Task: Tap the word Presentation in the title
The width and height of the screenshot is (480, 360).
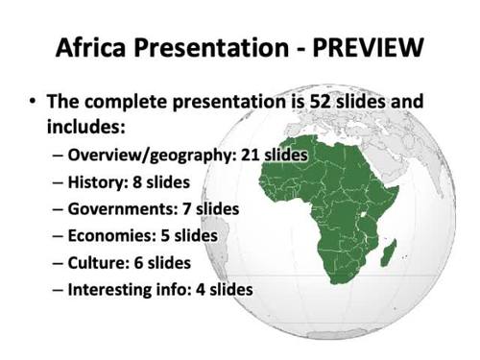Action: click(x=214, y=45)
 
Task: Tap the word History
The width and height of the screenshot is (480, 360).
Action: click(x=95, y=180)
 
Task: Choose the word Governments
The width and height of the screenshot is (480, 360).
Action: click(x=121, y=207)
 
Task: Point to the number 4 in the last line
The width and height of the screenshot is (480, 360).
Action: click(x=204, y=288)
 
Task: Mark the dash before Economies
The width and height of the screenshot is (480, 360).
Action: click(x=58, y=234)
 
